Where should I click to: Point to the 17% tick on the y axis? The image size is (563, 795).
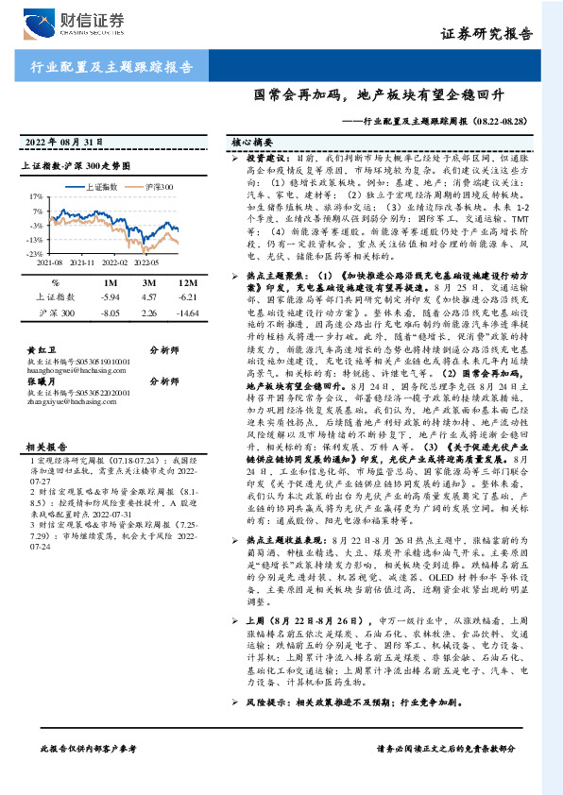pos(36,198)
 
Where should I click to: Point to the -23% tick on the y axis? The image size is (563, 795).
pos(34,254)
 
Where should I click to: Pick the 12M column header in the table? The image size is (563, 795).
pos(188,282)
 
